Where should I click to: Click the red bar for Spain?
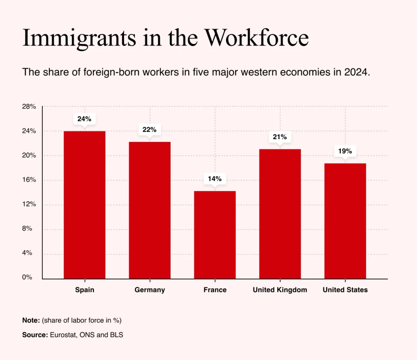click(x=85, y=205)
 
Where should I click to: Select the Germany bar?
click(x=150, y=210)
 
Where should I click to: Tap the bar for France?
click(x=215, y=235)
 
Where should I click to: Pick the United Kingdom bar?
click(x=280, y=214)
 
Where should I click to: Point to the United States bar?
click(x=345, y=221)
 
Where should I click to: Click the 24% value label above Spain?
click(x=84, y=119)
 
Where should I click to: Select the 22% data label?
click(x=149, y=130)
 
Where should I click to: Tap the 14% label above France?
click(x=215, y=179)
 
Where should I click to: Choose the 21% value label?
click(x=280, y=137)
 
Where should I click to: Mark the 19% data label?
click(x=345, y=151)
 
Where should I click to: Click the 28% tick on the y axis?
click(x=29, y=107)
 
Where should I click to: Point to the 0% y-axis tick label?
click(x=27, y=277)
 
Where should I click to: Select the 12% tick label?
click(x=29, y=204)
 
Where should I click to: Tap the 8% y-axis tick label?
click(x=27, y=229)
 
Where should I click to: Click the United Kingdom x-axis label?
click(x=280, y=290)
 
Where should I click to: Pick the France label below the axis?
click(x=215, y=290)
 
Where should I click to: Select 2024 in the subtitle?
click(x=356, y=72)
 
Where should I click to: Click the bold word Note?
click(x=31, y=320)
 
